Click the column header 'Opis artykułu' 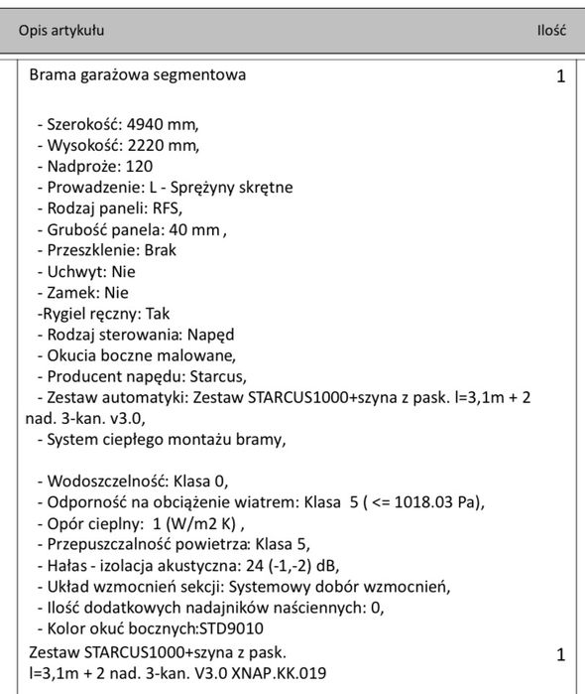(x=61, y=31)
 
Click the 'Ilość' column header (x=550, y=31)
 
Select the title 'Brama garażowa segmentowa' (x=138, y=74)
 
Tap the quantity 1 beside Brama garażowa (x=560, y=77)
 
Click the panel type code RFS (x=167, y=208)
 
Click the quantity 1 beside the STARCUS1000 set (x=560, y=655)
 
